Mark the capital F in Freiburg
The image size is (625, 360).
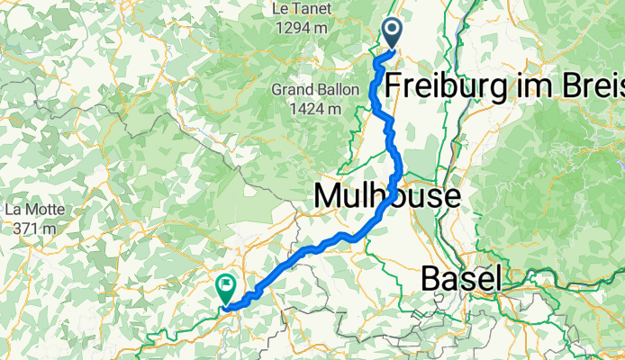tap(394, 87)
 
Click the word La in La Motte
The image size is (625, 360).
tap(14, 209)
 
